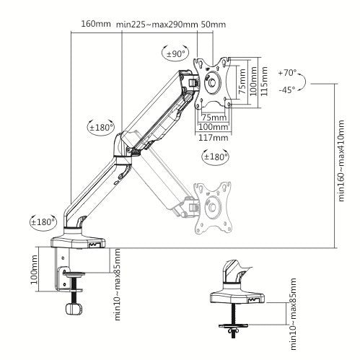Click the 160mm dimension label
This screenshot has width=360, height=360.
click(96, 23)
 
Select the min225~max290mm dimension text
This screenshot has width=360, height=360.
click(157, 23)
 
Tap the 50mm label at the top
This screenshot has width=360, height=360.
click(214, 23)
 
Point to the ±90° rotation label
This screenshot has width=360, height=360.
click(176, 53)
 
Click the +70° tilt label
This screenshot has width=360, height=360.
click(289, 73)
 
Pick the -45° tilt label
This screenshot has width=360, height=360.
click(288, 91)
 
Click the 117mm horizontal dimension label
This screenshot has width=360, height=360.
click(214, 137)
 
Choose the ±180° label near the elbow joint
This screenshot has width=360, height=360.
click(101, 128)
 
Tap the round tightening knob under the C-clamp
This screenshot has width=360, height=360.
click(71, 309)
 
